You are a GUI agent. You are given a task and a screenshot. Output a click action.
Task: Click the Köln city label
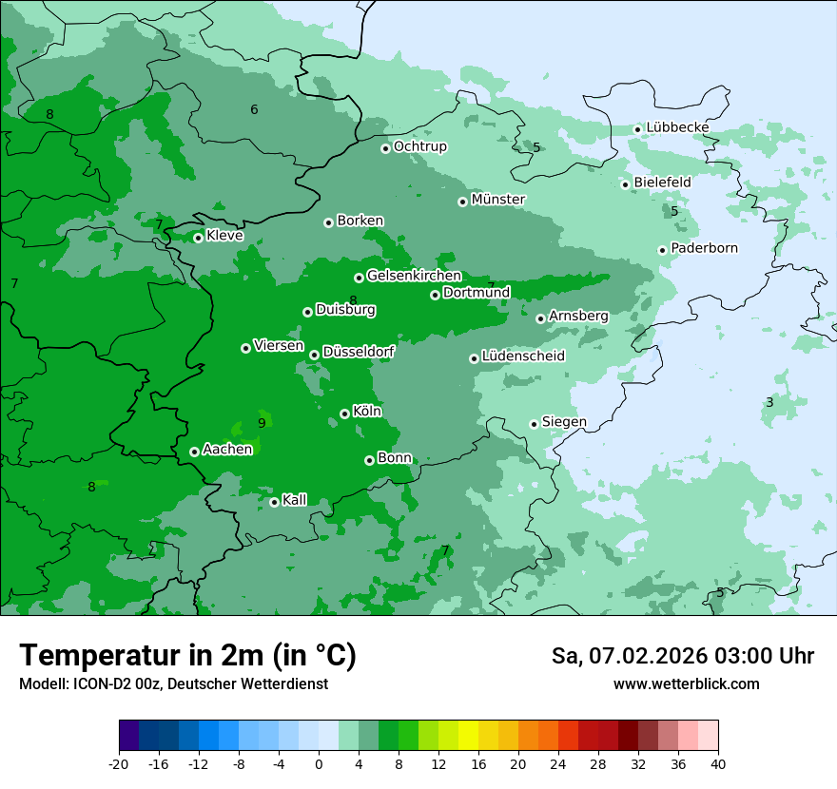[366, 412]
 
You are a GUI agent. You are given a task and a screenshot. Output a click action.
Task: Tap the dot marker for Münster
[462, 202]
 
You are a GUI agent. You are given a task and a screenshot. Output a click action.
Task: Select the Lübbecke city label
[677, 127]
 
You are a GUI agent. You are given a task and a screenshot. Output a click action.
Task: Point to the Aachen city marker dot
[194, 452]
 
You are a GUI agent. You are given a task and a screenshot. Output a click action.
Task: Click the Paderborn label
[704, 248]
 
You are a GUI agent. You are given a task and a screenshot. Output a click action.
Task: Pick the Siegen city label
[564, 422]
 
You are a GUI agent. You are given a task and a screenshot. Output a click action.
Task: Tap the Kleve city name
[224, 236]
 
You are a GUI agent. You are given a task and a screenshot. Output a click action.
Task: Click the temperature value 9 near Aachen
[262, 423]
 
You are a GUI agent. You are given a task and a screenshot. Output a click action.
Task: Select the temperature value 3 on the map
[769, 402]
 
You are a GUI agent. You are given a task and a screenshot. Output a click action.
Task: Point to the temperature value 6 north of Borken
[254, 109]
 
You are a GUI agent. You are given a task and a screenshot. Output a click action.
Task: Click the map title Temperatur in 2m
[187, 655]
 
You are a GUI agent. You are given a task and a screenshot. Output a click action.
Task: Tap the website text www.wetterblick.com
[686, 683]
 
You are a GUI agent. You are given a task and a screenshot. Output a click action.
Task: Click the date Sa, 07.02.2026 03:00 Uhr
[682, 656]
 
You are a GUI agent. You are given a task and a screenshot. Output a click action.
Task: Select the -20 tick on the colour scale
[119, 763]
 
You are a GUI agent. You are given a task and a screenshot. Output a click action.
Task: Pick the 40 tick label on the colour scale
[718, 763]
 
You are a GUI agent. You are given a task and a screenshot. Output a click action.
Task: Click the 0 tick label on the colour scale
[319, 763]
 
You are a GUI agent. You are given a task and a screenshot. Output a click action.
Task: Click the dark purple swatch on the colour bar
[129, 736]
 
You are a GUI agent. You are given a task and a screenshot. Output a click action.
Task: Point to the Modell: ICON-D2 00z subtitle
[173, 683]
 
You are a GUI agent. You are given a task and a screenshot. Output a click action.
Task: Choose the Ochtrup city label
[419, 146]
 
